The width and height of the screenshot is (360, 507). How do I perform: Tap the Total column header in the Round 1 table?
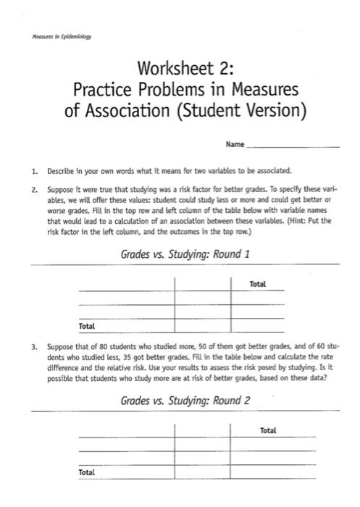click(257, 285)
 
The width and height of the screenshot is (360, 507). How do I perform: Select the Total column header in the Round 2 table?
click(267, 431)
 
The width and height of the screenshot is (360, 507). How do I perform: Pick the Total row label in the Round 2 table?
click(86, 472)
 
